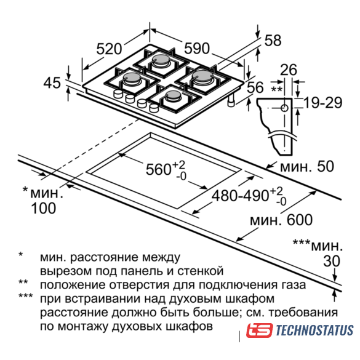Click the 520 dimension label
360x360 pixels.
tap(109, 49)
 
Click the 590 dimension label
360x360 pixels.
tap(197, 49)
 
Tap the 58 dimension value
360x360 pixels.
tap(273, 41)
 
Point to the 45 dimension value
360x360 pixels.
tap(52, 82)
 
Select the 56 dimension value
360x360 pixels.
tap(255, 87)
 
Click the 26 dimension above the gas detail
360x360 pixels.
tap(289, 70)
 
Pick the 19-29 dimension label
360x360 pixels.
tap(323, 103)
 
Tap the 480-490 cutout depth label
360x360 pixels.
tap(240, 196)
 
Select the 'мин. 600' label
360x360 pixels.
tap(281, 220)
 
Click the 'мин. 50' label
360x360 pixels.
tap(307, 166)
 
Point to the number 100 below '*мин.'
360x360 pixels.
tap(44, 208)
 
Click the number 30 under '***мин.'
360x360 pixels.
tap(332, 262)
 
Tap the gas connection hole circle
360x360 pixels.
tap(285, 108)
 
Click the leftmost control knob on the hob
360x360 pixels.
tap(118, 94)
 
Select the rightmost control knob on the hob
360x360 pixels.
tap(154, 108)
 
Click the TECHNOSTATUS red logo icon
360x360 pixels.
tap(260, 330)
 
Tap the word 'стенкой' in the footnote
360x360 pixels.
tap(200, 271)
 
